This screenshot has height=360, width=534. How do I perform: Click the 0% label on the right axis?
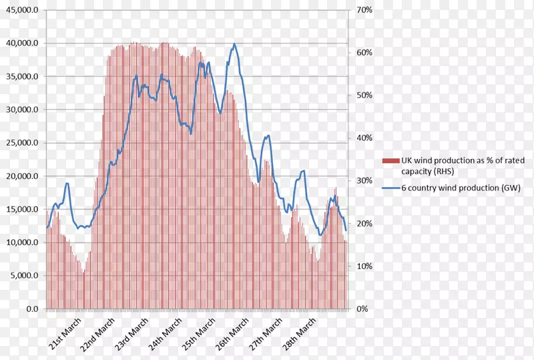pos(362,309)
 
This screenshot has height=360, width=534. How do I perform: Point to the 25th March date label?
pos(198,335)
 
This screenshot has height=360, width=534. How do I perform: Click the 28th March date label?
pos(298,335)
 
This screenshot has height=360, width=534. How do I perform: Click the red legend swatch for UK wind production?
pos(390,160)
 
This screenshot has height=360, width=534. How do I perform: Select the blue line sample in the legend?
pos(390,188)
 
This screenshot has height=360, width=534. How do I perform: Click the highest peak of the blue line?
pos(234,44)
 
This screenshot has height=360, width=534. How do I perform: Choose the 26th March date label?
pos(231,335)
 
